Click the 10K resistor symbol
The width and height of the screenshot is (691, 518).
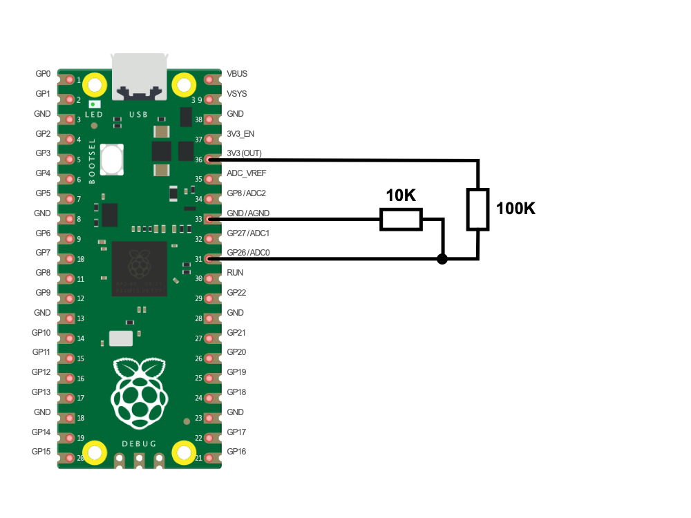401,220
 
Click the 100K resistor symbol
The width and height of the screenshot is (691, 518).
477,209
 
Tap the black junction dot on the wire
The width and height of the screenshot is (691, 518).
442,259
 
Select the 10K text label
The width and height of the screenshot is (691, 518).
401,196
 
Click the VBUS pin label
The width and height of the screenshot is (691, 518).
237,74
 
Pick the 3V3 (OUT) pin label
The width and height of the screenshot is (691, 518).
244,153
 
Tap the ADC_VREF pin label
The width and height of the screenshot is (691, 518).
247,173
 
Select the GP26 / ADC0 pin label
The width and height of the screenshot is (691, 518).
248,253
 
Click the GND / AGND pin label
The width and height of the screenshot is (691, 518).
248,213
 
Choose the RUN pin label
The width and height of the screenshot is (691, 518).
235,273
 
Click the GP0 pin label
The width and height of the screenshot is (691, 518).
43,74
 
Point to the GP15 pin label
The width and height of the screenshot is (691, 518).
41,452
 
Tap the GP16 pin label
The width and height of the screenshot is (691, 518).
236,452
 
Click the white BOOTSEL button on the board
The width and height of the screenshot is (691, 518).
111,159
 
